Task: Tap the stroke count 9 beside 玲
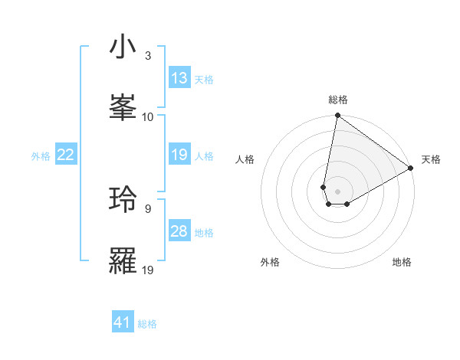147,208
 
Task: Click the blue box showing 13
179,78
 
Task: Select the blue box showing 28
179,231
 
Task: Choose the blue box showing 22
66,155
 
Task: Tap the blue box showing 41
123,322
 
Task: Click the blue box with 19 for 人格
179,155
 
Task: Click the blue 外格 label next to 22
41,155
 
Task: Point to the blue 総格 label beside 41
147,324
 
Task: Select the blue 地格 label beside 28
204,232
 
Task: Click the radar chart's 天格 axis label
431,159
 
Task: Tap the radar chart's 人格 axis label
245,159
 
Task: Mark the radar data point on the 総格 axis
337,116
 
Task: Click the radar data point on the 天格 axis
411,168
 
